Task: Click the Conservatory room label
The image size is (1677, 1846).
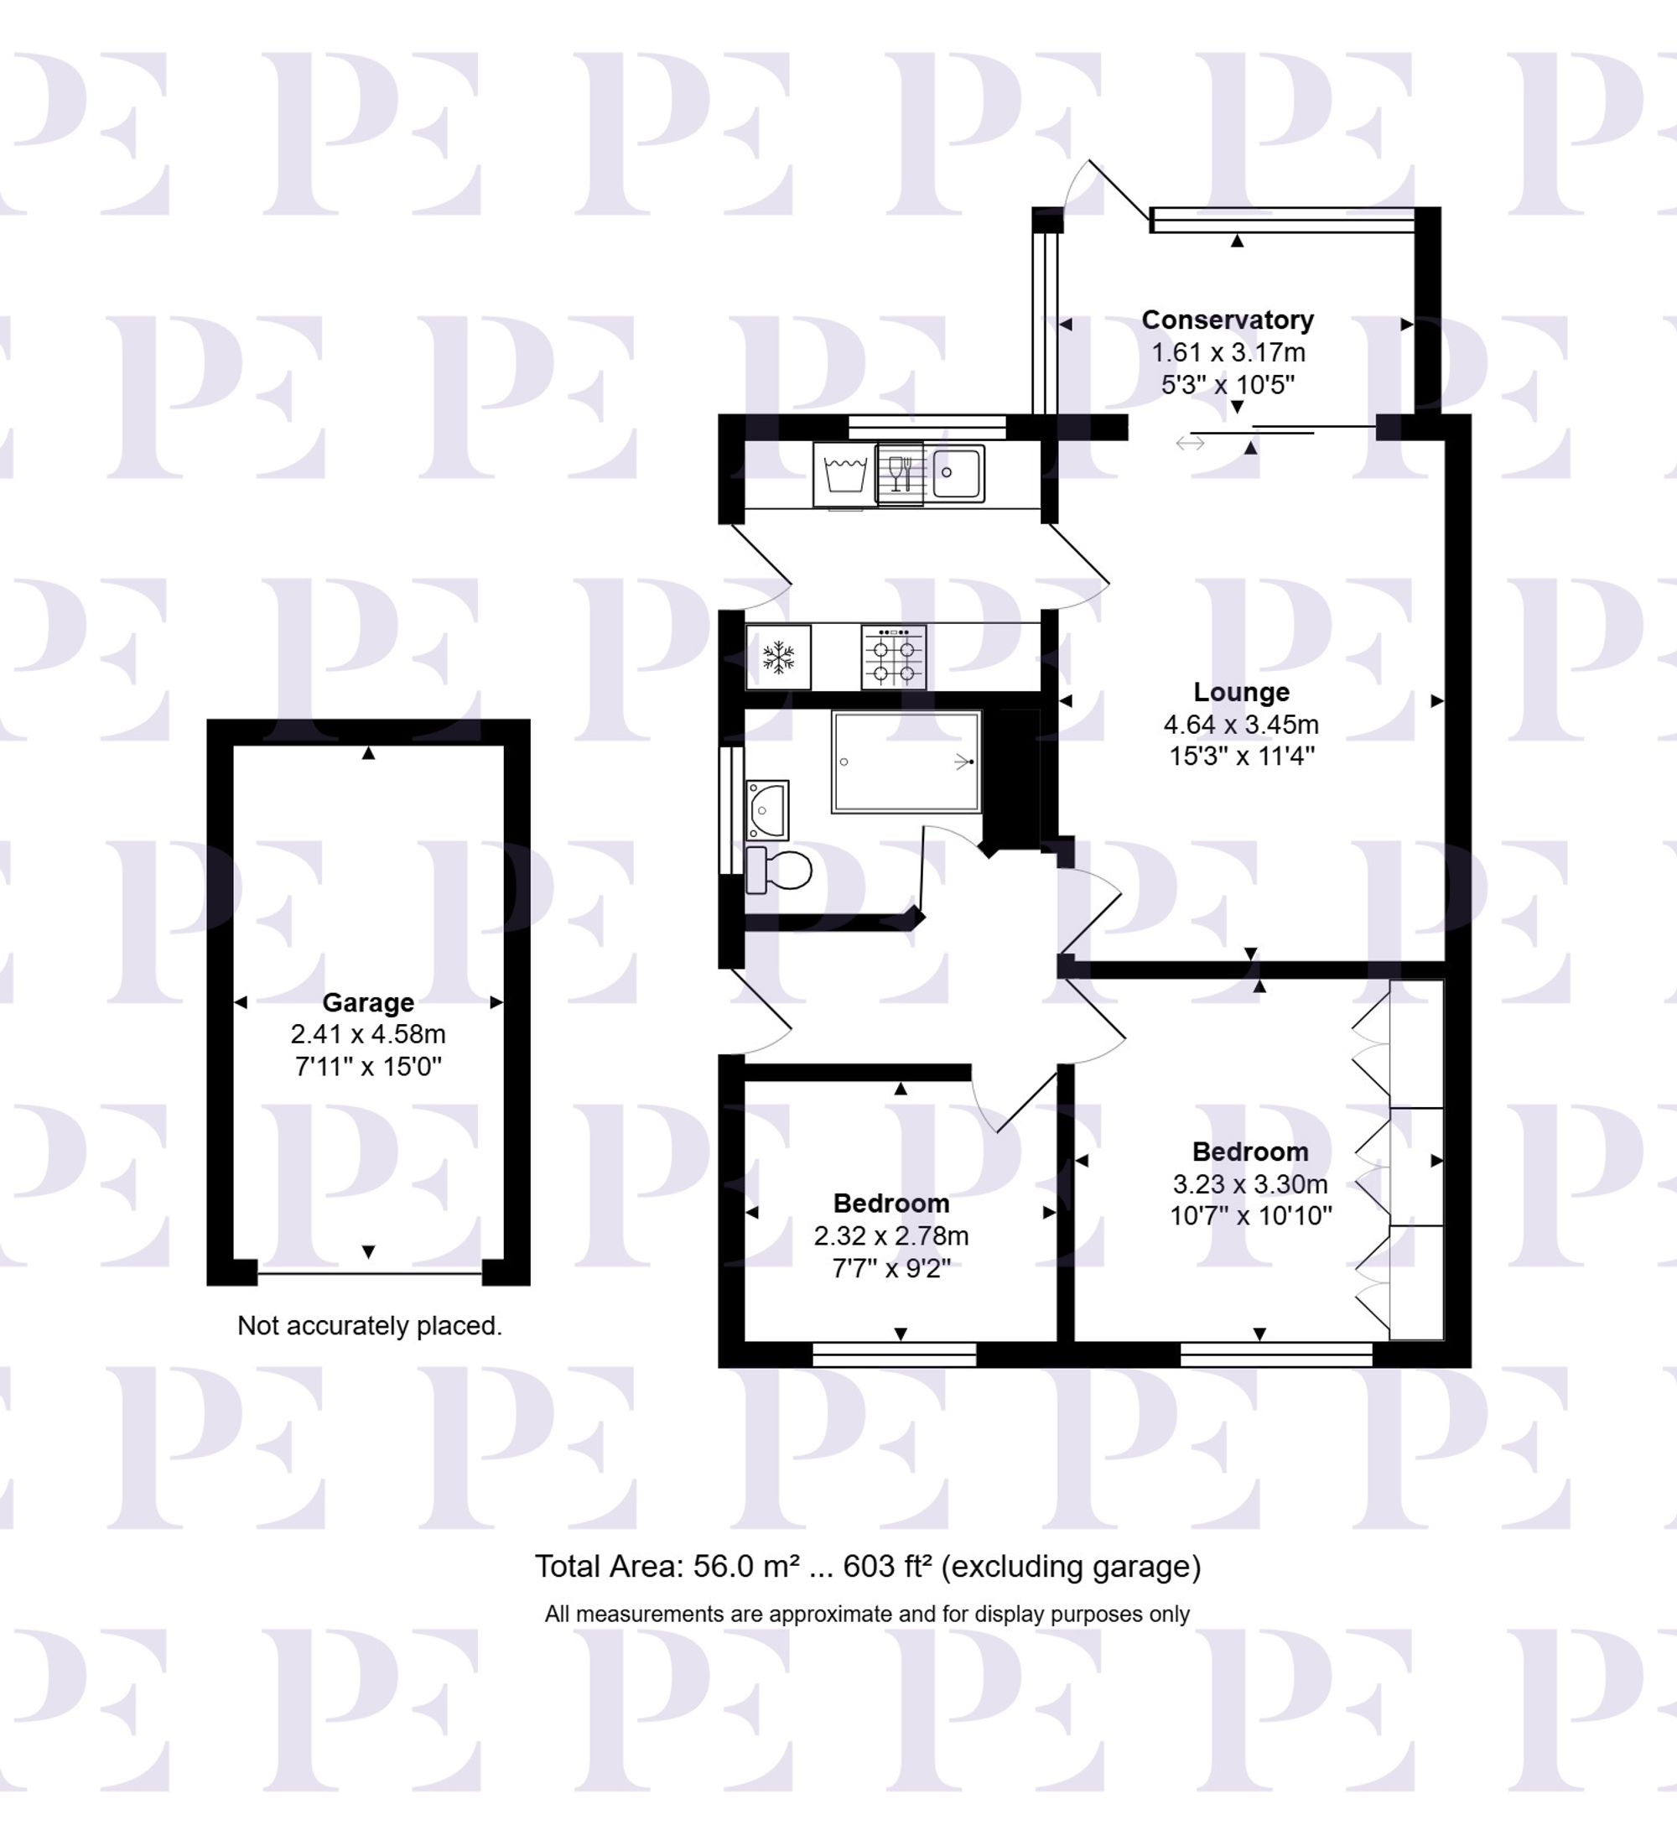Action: point(1227,320)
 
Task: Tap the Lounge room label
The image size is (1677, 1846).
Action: point(1240,691)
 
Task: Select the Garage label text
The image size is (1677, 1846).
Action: point(368,1001)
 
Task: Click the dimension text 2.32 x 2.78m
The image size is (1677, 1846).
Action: point(890,1235)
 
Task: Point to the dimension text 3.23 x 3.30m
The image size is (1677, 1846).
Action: point(1249,1184)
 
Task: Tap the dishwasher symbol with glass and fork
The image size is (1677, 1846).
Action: point(900,473)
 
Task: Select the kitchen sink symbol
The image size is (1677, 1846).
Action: point(956,473)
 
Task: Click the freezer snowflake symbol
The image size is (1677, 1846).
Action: point(778,657)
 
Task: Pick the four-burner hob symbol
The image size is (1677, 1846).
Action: point(894,658)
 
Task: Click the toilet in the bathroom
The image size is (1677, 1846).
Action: point(780,870)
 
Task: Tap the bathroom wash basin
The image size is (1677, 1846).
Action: point(766,809)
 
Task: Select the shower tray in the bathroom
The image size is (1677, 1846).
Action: point(906,762)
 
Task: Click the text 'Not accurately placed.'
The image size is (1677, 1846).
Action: point(369,1325)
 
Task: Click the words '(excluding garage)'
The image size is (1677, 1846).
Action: point(1070,1567)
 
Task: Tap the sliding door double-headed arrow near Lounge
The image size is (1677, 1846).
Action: point(1189,443)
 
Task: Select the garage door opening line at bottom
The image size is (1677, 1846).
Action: point(369,1273)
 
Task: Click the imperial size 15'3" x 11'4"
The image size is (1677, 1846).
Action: point(1240,757)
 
